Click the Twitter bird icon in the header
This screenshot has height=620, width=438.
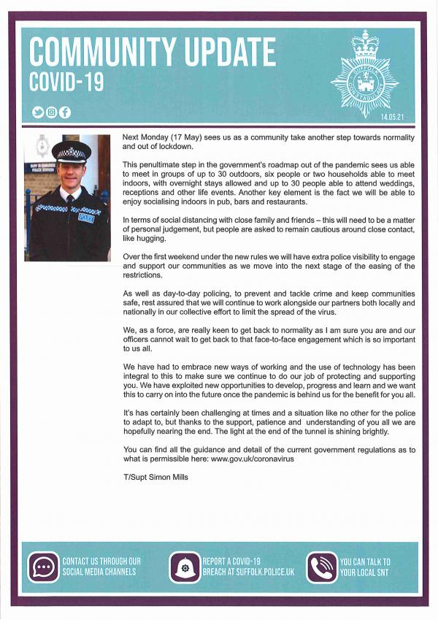tap(38, 112)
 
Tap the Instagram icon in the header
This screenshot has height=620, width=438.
tap(52, 112)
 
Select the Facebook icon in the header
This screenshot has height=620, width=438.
tap(65, 112)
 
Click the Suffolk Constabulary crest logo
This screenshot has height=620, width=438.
tap(364, 74)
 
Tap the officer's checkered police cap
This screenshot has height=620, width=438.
tap(72, 152)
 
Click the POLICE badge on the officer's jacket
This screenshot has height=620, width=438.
tap(86, 217)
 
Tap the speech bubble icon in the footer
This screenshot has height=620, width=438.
tap(43, 566)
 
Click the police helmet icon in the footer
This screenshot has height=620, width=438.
tap(185, 567)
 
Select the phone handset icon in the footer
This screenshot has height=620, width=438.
tap(321, 567)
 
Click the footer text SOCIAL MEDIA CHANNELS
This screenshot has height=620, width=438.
tap(99, 572)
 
